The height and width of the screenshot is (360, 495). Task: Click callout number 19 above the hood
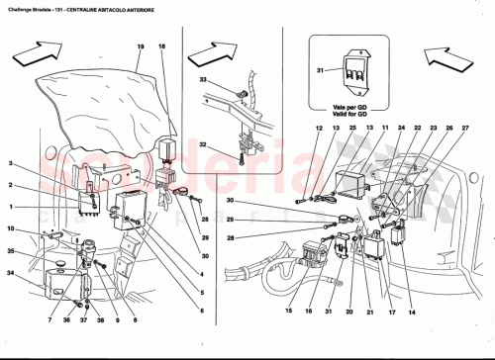tap(141, 47)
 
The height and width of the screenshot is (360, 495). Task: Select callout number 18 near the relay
tap(161, 47)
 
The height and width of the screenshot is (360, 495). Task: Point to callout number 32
tap(204, 144)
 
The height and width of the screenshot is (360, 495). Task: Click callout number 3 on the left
tap(12, 164)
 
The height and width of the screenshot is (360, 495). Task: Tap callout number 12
tap(320, 130)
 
